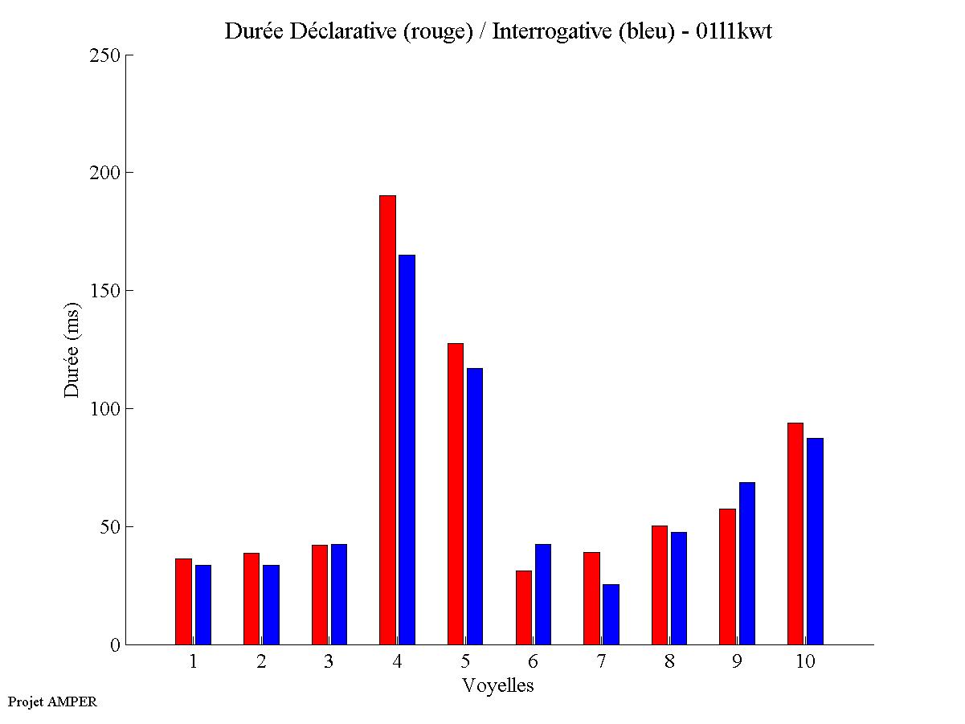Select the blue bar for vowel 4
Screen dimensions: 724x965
pos(407,449)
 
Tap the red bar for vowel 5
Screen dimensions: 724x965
pos(456,493)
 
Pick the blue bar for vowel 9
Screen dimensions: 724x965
pos(747,563)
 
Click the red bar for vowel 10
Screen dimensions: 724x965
pos(795,534)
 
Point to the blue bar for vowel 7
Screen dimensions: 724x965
pos(611,614)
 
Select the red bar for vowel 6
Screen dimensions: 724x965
pos(524,607)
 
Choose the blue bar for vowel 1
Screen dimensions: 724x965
pos(203,604)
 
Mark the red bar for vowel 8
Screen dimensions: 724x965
pos(660,585)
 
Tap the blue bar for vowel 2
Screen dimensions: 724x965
pos(271,604)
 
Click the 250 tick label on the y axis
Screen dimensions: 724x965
pos(106,55)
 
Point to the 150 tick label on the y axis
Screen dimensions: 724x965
pos(106,291)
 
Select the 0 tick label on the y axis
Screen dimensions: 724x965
pos(114,644)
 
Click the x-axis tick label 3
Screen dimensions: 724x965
pos(329,662)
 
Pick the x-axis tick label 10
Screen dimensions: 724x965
pos(805,662)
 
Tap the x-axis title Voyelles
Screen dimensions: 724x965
pos(498,685)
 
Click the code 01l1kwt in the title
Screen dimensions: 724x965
pos(734,32)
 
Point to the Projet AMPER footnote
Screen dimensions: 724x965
pos(52,702)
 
